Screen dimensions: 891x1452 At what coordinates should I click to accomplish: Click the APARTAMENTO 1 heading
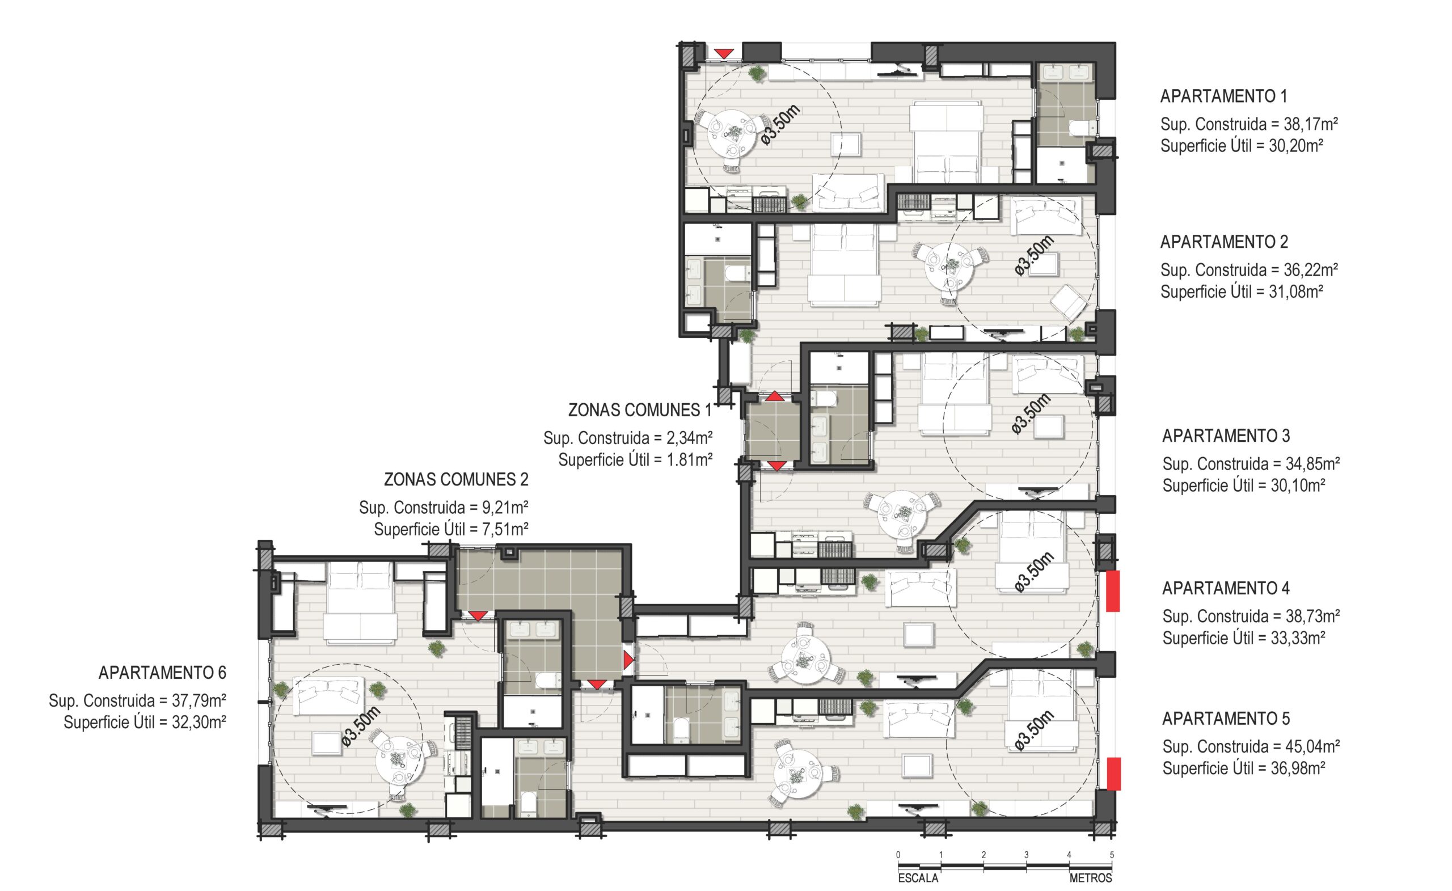pos(1223,96)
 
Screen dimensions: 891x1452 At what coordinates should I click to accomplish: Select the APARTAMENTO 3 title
pos(1226,436)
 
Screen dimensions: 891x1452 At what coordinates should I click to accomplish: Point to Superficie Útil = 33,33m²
pos(1243,638)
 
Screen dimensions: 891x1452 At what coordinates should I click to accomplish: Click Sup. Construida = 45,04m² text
pos(1251,746)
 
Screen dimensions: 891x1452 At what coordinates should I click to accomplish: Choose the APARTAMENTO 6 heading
pos(162,673)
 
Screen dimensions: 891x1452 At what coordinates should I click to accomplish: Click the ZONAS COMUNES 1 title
pos(639,410)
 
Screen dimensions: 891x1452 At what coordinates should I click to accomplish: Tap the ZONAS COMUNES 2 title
pos(456,480)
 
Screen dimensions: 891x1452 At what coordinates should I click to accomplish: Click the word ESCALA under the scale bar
pos(918,878)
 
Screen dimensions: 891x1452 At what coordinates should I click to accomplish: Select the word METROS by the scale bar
pos(1090,878)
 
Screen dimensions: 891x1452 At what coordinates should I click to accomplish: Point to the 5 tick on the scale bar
pos(1111,855)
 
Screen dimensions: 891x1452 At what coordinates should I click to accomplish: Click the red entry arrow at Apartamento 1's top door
pos(724,54)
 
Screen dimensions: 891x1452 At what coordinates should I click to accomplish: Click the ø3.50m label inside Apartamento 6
pos(361,727)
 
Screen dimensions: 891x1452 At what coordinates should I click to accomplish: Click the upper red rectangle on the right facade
pos(1112,591)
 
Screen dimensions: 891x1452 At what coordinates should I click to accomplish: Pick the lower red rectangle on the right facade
pos(1113,774)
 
